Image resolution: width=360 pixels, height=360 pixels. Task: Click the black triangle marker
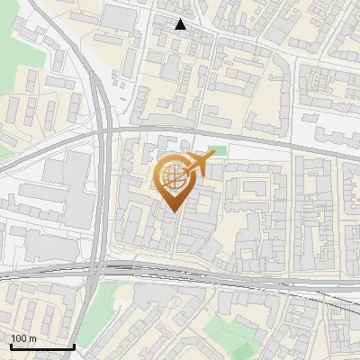(181, 24)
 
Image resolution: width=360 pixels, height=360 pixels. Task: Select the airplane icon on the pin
(197, 165)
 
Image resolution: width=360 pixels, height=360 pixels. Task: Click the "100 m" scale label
(23, 338)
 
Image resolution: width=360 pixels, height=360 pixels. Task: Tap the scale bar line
(42, 346)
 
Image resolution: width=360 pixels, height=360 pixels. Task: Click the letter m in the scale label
(32, 338)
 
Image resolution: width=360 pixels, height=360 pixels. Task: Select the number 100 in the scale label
(19, 338)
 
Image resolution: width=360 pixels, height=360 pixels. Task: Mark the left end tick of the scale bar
(10, 345)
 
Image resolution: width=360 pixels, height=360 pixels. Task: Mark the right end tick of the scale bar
(75, 345)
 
